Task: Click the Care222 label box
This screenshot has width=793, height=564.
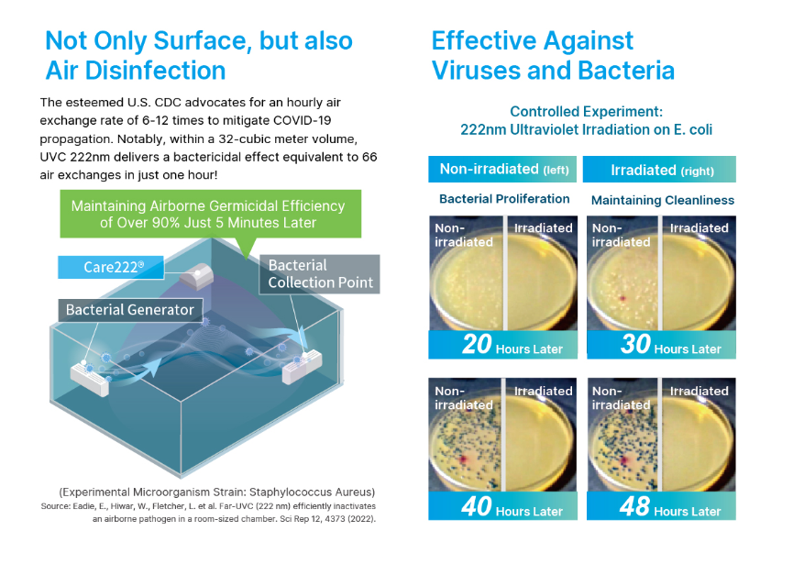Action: click(111, 267)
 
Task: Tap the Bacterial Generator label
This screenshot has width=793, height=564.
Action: click(130, 310)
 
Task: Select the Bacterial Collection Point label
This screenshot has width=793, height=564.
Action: click(320, 273)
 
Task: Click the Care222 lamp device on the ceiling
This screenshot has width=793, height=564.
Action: click(196, 276)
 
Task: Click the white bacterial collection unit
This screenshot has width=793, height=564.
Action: click(302, 367)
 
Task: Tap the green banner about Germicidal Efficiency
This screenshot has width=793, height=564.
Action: click(210, 214)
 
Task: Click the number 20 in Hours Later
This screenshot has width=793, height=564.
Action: click(477, 344)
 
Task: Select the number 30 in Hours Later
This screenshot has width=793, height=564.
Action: click(635, 344)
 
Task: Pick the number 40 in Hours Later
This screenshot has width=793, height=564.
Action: click(477, 506)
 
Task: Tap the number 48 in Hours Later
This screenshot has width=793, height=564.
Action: click(634, 506)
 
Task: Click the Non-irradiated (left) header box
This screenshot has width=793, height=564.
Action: click(502, 169)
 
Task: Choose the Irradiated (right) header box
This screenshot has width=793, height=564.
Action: click(659, 169)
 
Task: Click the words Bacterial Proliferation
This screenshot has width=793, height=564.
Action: click(504, 199)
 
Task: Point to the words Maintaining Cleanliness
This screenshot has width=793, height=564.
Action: click(663, 200)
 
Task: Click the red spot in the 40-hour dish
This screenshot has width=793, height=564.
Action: click(462, 459)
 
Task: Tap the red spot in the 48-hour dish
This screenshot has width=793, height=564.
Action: click(624, 460)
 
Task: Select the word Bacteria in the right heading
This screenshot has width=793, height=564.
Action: click(626, 71)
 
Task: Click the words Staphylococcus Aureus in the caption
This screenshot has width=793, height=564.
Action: click(311, 492)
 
